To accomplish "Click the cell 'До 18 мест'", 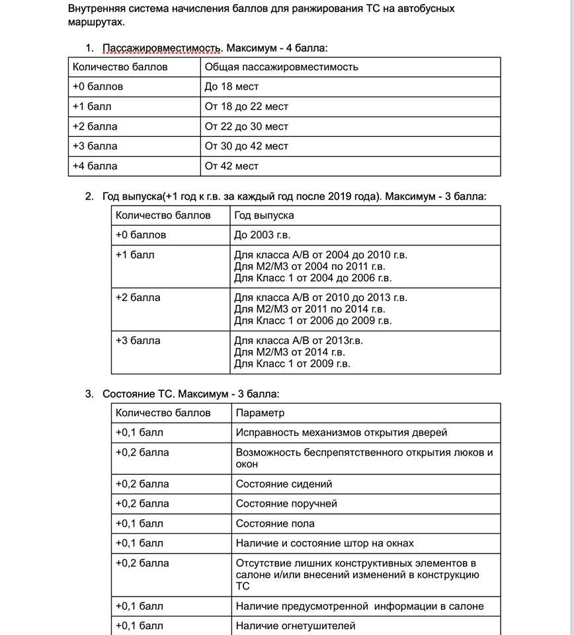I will [231, 87].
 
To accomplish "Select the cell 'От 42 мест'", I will [231, 166].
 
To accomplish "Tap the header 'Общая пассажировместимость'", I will [281, 67].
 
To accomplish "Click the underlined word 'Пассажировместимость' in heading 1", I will [161, 48].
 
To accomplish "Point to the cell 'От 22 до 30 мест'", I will [246, 126].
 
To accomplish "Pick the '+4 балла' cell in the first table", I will [95, 166].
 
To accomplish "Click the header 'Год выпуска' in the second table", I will [264, 215].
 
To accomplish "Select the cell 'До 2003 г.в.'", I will [262, 235].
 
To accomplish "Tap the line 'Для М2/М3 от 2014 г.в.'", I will [292, 352].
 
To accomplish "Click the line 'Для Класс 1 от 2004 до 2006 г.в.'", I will [313, 278].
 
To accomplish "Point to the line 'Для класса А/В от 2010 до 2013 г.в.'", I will [321, 298].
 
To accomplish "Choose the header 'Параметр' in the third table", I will [260, 413].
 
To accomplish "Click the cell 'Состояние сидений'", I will [284, 484].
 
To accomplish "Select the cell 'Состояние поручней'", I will [286, 504].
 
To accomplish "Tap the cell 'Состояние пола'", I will [275, 524].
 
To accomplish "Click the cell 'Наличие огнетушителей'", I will [296, 626].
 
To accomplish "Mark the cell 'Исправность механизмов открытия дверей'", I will [341, 433].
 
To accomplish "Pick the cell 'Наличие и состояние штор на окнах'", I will [325, 544].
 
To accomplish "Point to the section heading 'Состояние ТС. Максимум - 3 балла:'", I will [190, 394].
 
